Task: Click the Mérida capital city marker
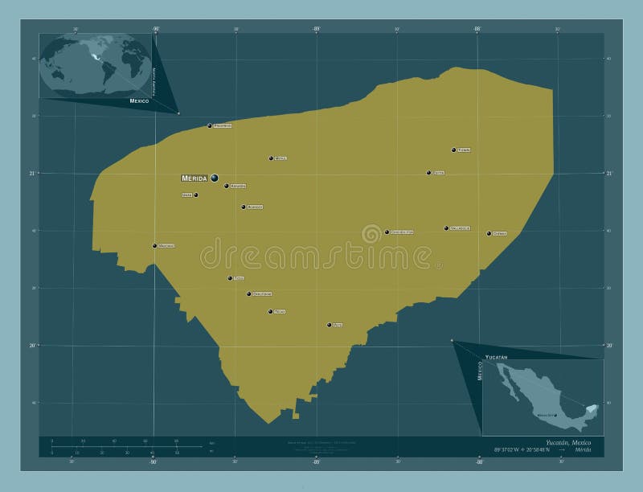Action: tap(215, 178)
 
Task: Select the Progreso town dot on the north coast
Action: tap(210, 125)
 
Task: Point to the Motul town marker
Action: tap(271, 158)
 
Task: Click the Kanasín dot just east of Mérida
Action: tap(227, 186)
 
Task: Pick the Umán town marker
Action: tap(195, 195)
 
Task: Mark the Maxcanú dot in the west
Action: tap(155, 245)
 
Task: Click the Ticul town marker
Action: tap(230, 278)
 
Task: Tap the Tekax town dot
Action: tap(270, 311)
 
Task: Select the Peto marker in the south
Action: tap(329, 325)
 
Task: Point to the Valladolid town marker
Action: tap(446, 228)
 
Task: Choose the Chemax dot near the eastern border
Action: tap(489, 233)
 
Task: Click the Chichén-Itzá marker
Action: tap(387, 232)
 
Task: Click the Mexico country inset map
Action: tap(543, 397)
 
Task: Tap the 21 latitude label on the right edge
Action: tap(609, 173)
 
